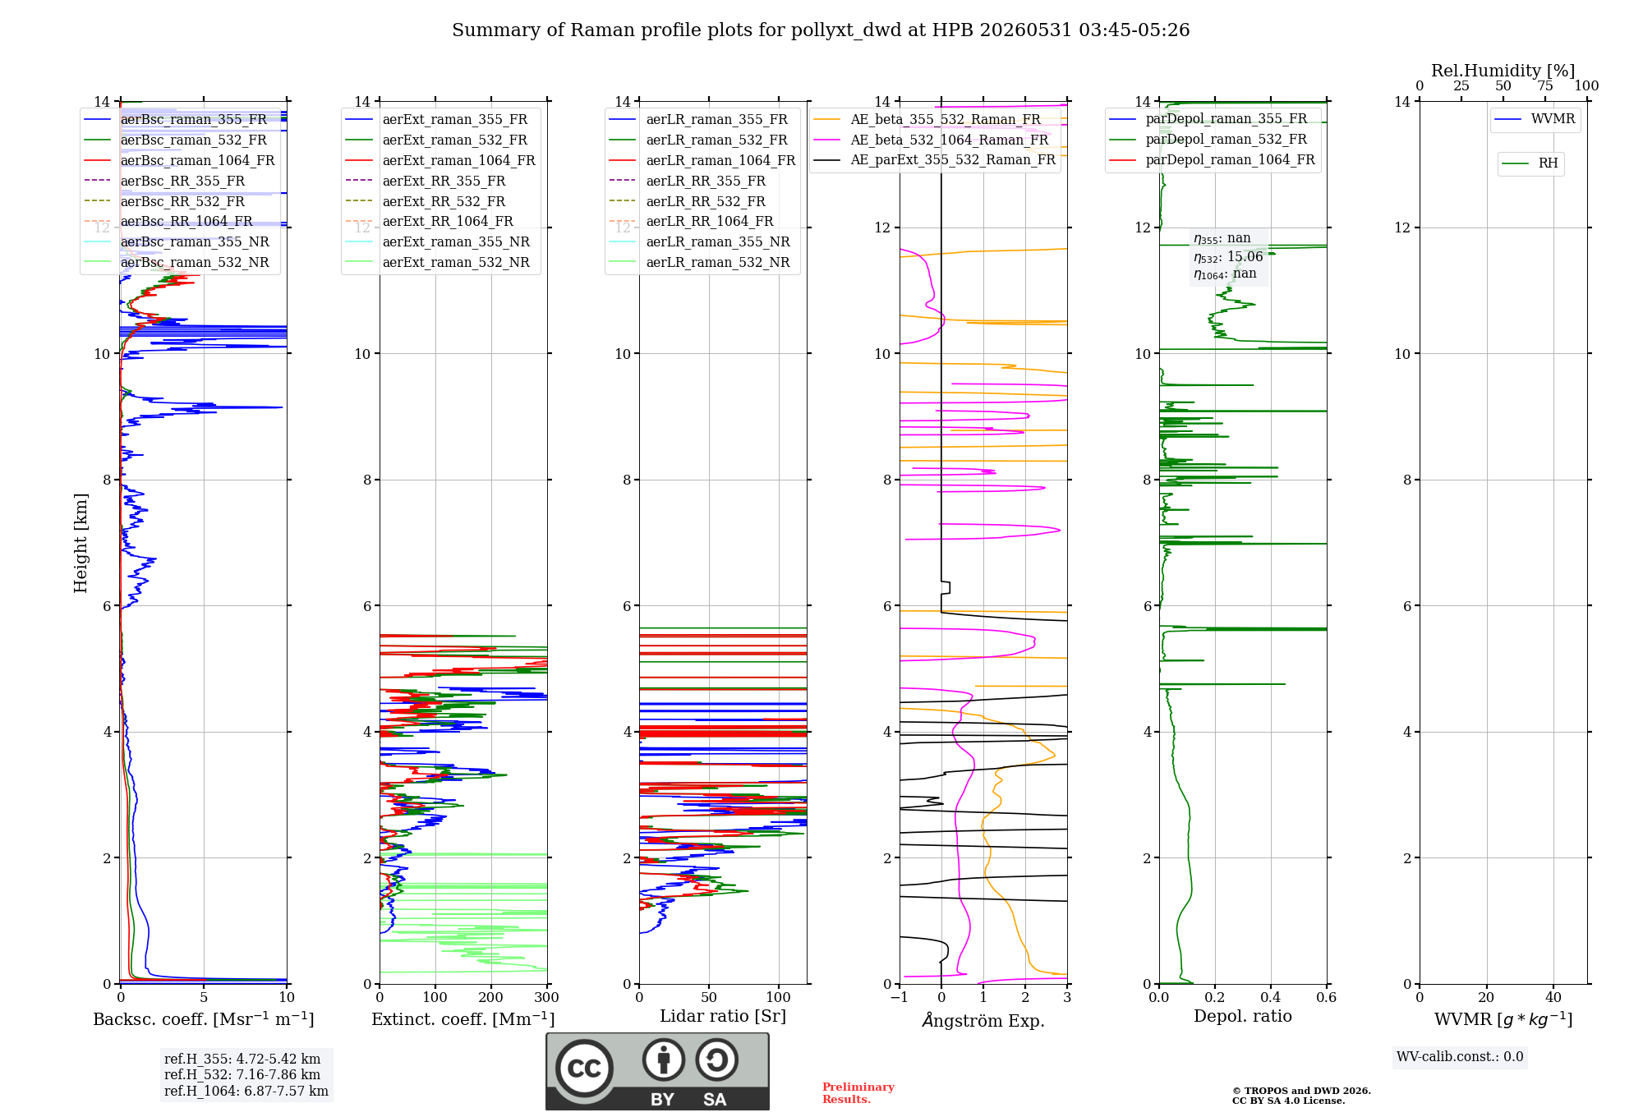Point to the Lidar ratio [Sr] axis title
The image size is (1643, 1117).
(x=723, y=1016)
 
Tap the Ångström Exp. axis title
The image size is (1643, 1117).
(x=983, y=1020)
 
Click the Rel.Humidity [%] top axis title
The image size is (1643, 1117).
(x=1503, y=71)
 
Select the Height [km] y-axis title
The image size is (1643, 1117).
(x=81, y=543)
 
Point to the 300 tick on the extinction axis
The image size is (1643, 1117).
(x=547, y=997)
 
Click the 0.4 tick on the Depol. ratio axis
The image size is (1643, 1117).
(x=1271, y=997)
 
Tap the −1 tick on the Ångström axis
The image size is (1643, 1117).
(x=900, y=997)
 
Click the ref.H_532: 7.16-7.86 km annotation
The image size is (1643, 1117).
(x=242, y=1075)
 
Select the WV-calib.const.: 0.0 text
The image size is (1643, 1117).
(x=1460, y=1057)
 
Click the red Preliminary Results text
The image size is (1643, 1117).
(x=858, y=1093)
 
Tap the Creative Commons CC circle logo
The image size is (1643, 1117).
(x=584, y=1069)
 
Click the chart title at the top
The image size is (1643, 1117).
(x=821, y=30)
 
